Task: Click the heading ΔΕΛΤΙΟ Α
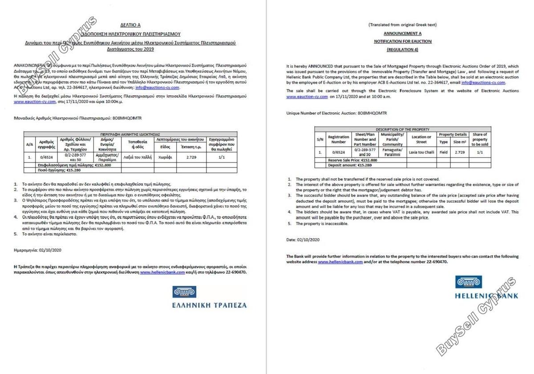click(130, 25)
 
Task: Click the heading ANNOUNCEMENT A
click(403, 33)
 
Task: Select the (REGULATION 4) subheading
click(402, 49)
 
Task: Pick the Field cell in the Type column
click(444, 153)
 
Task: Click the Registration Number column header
click(339, 139)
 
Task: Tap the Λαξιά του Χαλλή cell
click(138, 157)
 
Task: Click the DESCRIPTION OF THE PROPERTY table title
click(402, 129)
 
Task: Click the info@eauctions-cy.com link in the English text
click(483, 82)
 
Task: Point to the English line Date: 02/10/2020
click(303, 240)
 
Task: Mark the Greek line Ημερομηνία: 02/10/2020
click(37, 250)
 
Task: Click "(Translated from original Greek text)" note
click(402, 25)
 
